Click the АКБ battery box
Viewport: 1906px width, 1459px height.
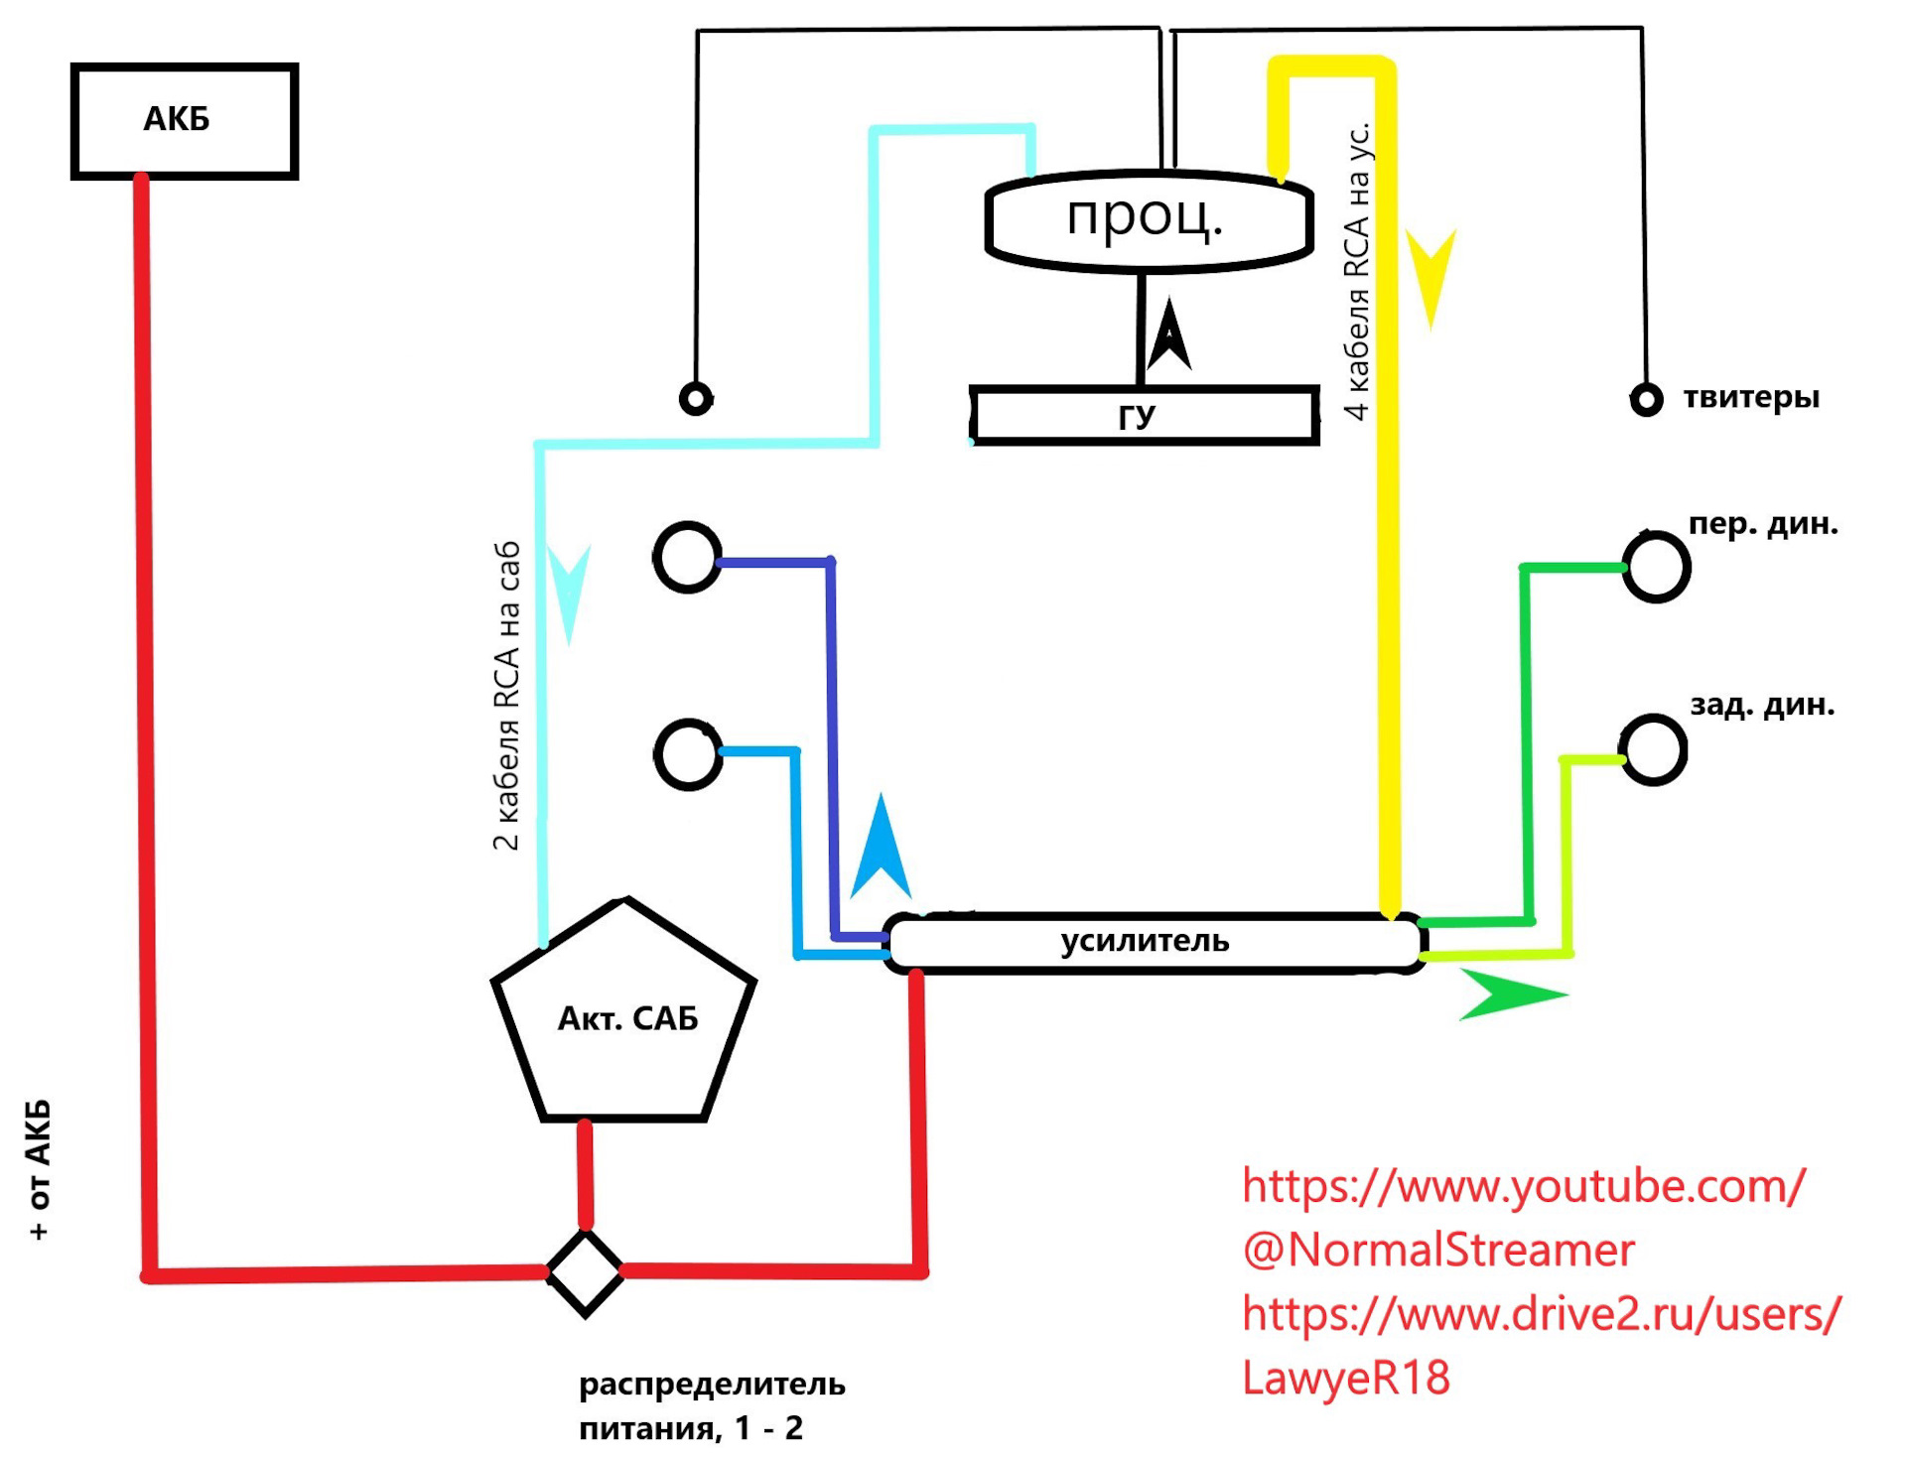(x=185, y=121)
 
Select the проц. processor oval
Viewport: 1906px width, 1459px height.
(x=1150, y=221)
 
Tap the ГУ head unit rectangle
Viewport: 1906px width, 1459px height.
(x=1145, y=415)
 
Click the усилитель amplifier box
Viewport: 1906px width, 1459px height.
(x=1155, y=943)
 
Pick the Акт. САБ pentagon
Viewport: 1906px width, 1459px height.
(x=624, y=1010)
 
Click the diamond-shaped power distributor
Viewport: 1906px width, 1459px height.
(x=586, y=1273)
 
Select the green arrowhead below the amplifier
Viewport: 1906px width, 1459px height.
(x=1513, y=995)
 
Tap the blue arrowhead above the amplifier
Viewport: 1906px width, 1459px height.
(x=881, y=846)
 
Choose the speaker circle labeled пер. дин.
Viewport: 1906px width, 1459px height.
(x=1656, y=566)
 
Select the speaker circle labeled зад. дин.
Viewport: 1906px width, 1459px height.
(x=1653, y=749)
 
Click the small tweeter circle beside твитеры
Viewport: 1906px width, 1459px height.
(x=1647, y=400)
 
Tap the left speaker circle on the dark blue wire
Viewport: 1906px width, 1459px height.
(x=688, y=557)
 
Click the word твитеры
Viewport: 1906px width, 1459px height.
(x=1751, y=398)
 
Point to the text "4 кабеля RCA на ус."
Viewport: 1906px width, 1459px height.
(x=1357, y=271)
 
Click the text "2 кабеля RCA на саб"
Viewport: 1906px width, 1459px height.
(x=506, y=696)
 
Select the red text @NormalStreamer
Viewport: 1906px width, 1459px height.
(x=1438, y=1250)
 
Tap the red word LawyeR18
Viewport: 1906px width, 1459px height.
(x=1346, y=1378)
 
